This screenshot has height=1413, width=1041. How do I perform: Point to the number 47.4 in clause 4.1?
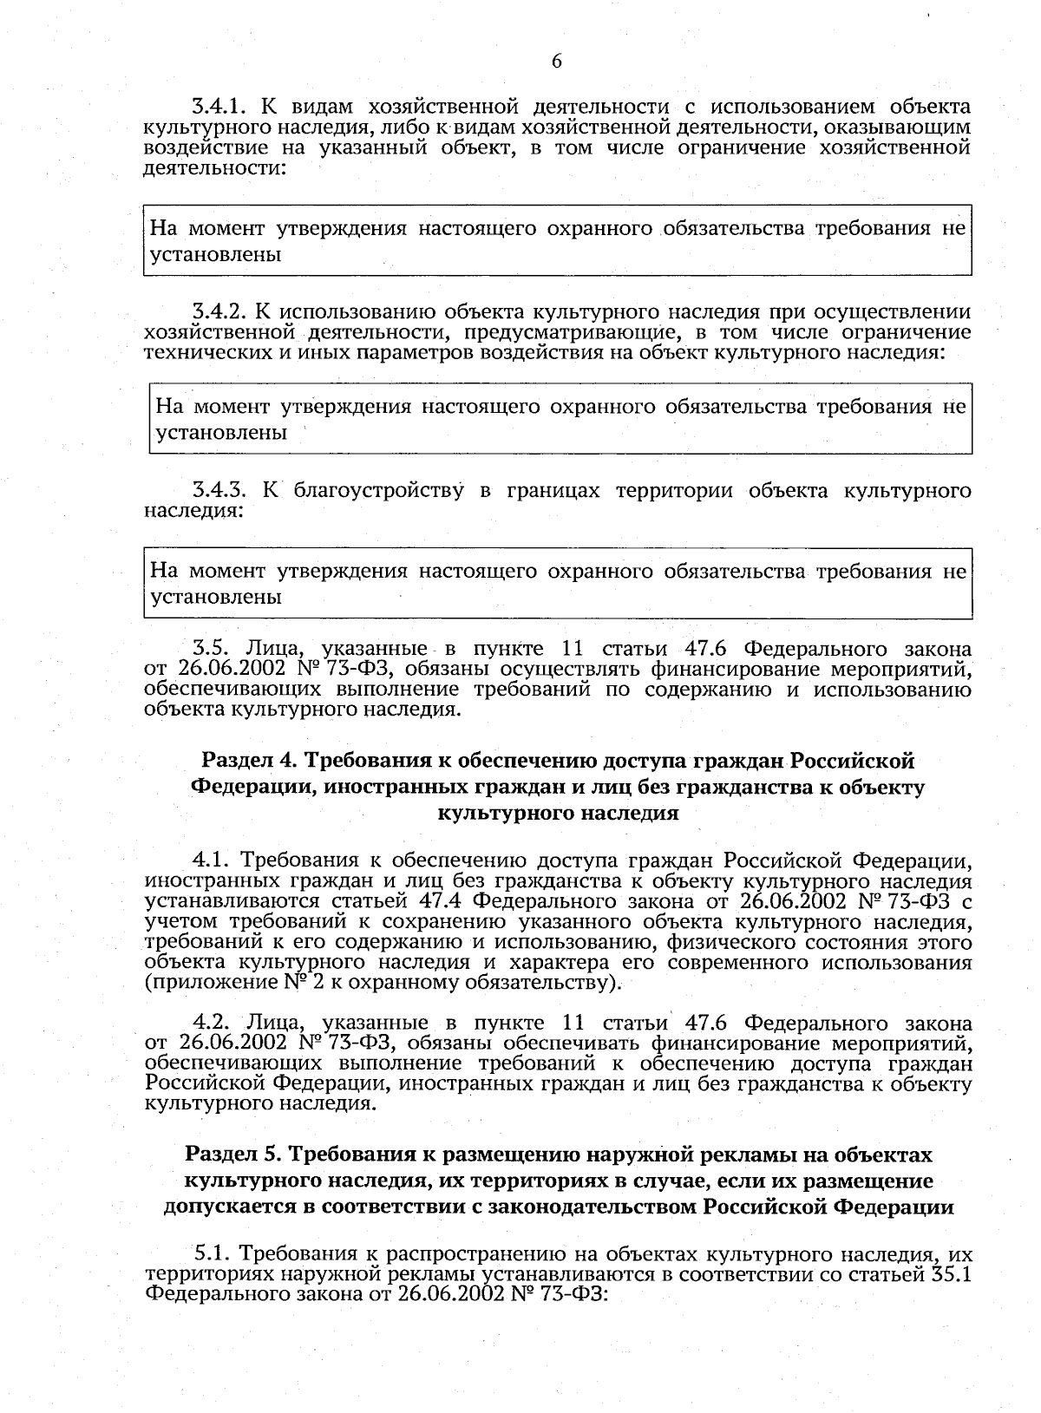(444, 901)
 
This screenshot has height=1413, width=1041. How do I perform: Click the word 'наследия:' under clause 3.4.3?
(193, 511)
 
